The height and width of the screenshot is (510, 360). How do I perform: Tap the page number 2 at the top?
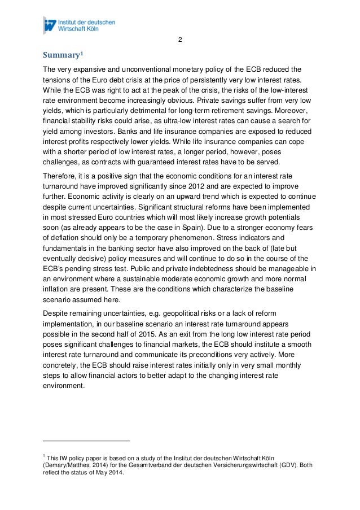pos(179,40)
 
